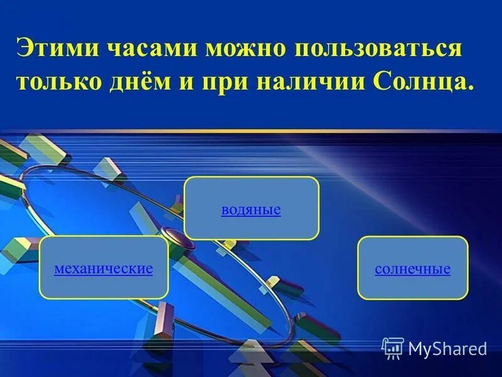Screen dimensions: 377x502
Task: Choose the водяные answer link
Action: click(x=250, y=209)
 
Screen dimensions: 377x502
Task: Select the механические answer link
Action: click(x=104, y=269)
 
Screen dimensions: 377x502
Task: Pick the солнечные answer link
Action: click(x=412, y=269)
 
